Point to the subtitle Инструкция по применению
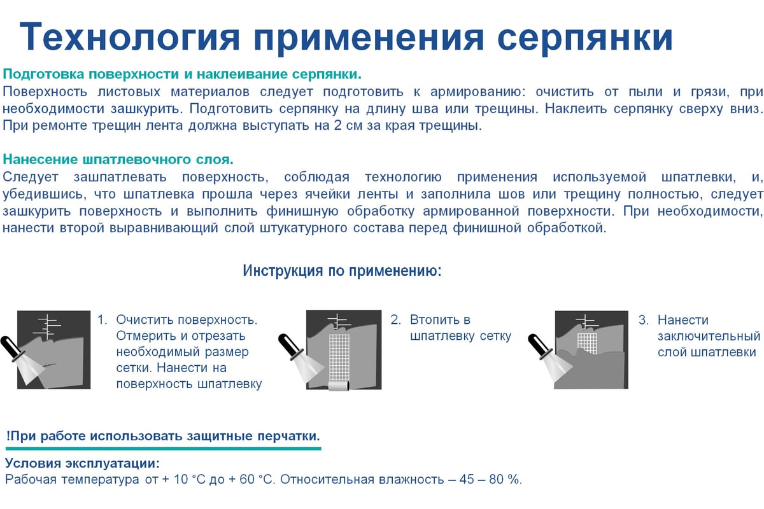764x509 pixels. [342, 270]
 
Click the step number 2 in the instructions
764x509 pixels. [395, 320]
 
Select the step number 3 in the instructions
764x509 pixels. [643, 320]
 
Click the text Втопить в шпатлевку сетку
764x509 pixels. [460, 328]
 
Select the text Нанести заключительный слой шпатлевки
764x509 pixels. [708, 336]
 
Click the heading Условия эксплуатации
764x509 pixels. [82, 463]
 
